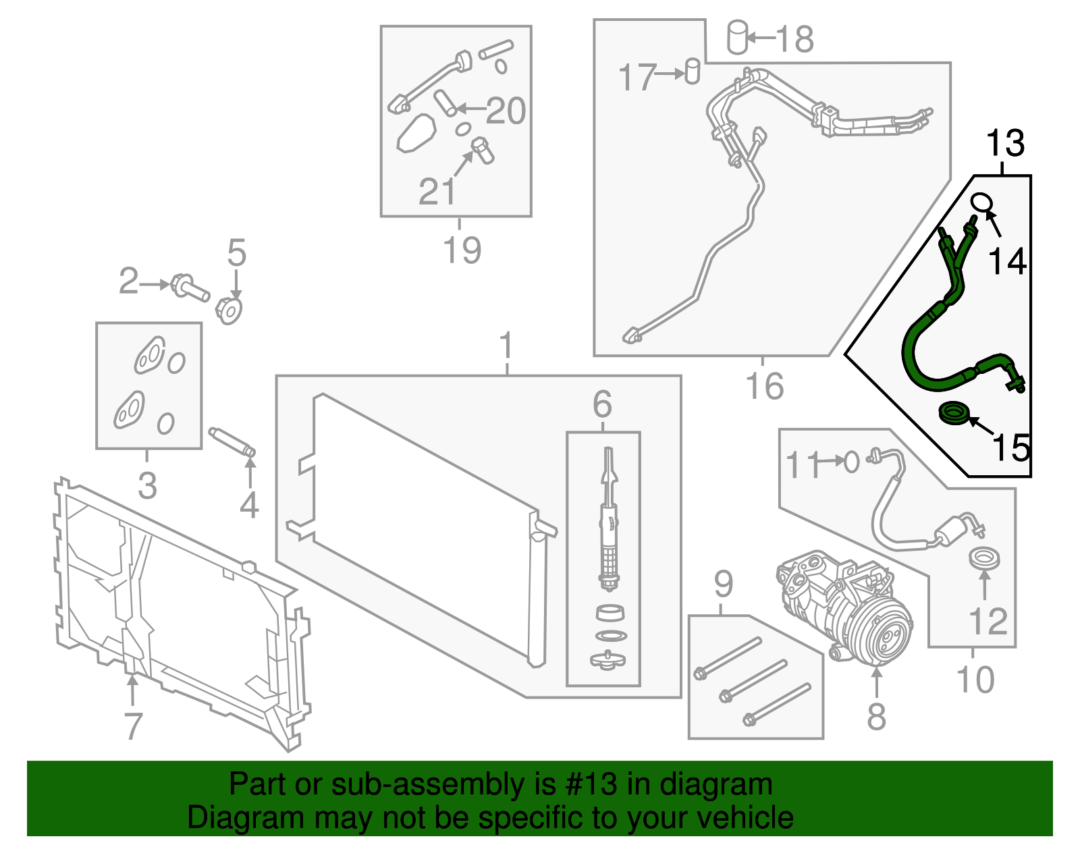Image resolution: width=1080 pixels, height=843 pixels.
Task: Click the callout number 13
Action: [x=1005, y=144]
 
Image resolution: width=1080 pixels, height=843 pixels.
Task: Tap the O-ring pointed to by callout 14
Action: [x=981, y=202]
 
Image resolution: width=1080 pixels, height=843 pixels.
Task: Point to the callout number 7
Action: [x=133, y=726]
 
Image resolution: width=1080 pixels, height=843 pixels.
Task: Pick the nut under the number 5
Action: [x=229, y=310]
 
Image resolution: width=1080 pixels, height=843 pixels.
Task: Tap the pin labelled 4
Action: [x=232, y=441]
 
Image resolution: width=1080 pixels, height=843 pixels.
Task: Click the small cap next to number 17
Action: [x=692, y=72]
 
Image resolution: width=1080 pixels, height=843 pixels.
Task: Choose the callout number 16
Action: [x=764, y=387]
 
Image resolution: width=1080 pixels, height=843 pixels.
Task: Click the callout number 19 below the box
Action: [x=462, y=250]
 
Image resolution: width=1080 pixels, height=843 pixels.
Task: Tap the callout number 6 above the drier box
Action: [x=602, y=404]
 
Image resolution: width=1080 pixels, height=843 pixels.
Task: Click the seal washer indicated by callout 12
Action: [x=984, y=559]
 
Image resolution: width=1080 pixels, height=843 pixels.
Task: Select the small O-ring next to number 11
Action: [x=852, y=463]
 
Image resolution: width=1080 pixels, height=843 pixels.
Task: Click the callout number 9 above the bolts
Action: [x=723, y=584]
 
